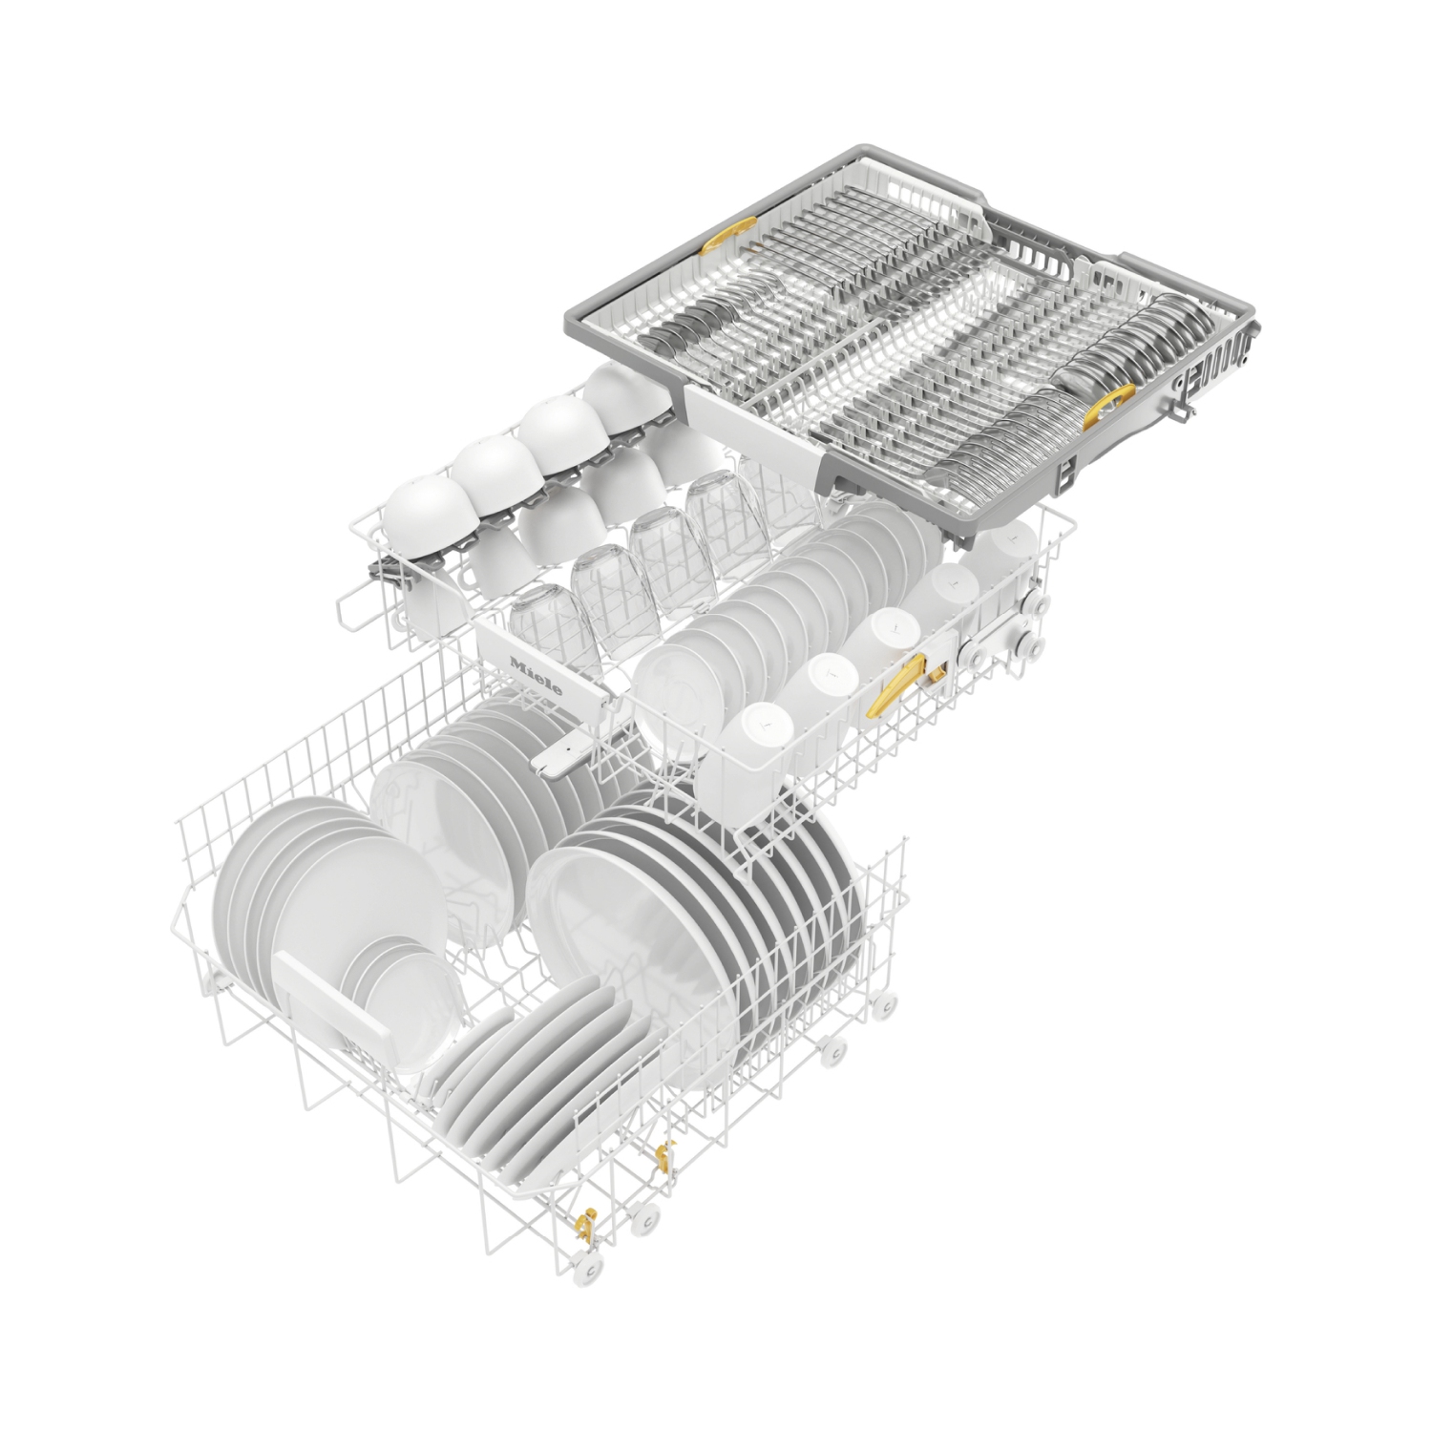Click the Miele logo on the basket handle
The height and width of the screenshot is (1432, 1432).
tap(536, 675)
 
